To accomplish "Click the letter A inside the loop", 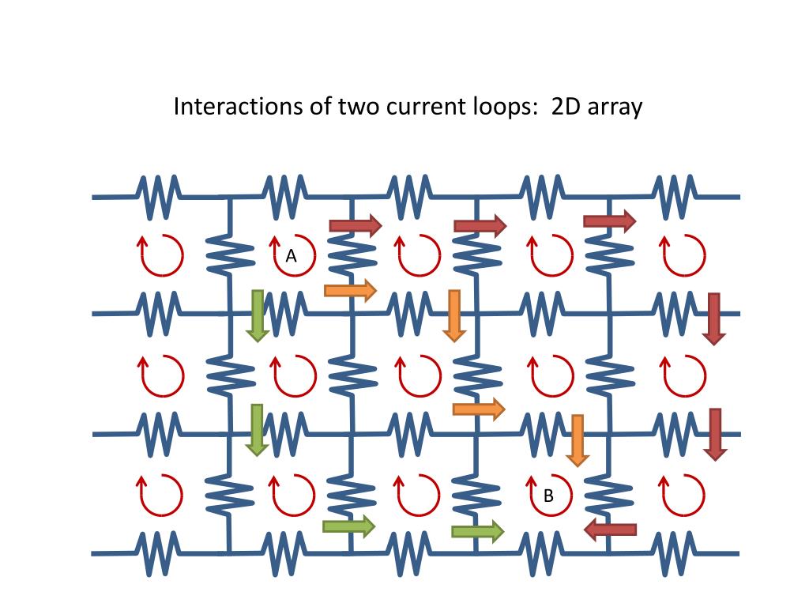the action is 291,256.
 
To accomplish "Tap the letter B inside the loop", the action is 548,496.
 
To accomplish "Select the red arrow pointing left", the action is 610,530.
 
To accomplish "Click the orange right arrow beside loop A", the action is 350,290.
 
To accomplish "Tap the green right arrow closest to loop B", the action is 477,532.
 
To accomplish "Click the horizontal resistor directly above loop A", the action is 284,196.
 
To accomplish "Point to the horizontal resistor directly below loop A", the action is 284,313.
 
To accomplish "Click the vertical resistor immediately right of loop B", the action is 609,493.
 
